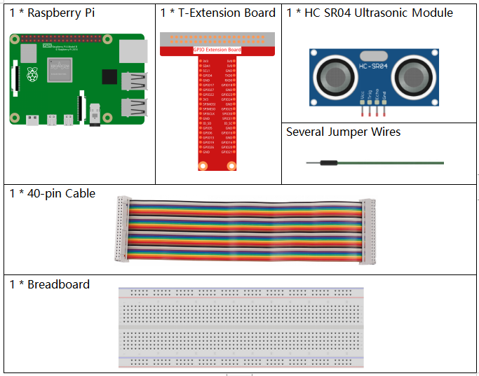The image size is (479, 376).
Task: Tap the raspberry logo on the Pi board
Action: coord(31,74)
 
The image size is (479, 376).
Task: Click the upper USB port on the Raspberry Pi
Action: coord(133,81)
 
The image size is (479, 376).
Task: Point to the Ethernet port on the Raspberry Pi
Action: coord(133,50)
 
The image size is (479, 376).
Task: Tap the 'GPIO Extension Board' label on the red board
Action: coord(217,50)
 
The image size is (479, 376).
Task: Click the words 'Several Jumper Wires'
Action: coord(343,132)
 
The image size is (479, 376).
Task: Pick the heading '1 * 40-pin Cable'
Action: coord(53,193)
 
